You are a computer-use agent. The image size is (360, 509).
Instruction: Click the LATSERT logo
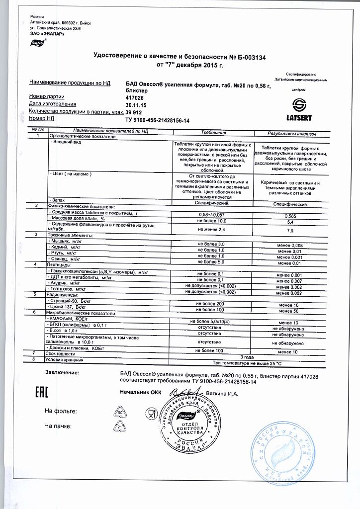point(299,109)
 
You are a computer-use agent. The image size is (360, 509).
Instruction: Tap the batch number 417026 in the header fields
point(134,96)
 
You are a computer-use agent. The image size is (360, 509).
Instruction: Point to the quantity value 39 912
point(134,112)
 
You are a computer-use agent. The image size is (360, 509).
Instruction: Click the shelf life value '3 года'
point(248,357)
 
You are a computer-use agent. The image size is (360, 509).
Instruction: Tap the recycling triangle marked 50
point(120,412)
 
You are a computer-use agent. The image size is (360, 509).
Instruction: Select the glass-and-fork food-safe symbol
point(151,413)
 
